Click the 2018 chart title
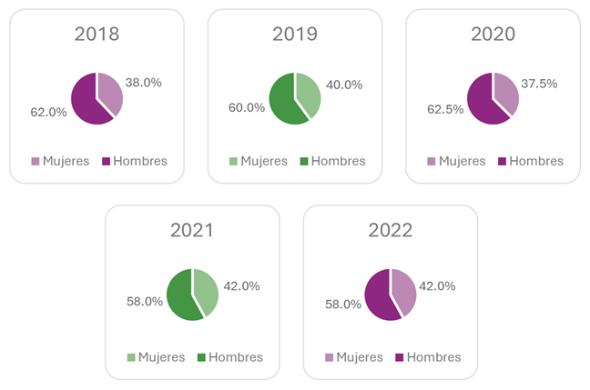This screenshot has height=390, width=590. [97, 35]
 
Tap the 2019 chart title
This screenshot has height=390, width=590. [295, 35]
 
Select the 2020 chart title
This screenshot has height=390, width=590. [493, 35]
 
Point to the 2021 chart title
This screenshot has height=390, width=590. [192, 230]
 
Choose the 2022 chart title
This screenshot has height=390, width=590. [391, 230]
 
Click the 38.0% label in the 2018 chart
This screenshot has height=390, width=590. [143, 82]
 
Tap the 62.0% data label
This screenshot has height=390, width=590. [49, 112]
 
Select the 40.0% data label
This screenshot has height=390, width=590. [343, 85]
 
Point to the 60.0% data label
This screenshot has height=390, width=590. [247, 107]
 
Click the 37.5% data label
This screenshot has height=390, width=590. [540, 83]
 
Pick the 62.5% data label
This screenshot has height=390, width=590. [445, 109]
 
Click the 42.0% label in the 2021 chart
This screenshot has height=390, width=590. [241, 285]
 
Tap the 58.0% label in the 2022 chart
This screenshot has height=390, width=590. [343, 304]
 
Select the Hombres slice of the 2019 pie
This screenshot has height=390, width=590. [283, 103]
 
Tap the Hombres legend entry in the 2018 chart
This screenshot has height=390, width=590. [134, 161]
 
